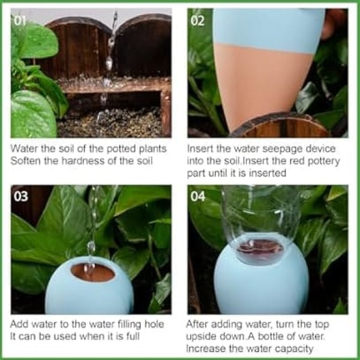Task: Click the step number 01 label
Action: (x=20, y=20)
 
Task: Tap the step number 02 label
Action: (x=197, y=20)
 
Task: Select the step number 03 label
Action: (x=21, y=197)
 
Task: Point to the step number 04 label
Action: (x=197, y=197)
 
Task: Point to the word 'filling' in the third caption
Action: (x=129, y=324)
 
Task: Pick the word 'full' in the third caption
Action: (x=133, y=337)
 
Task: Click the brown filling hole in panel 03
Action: (x=93, y=273)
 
